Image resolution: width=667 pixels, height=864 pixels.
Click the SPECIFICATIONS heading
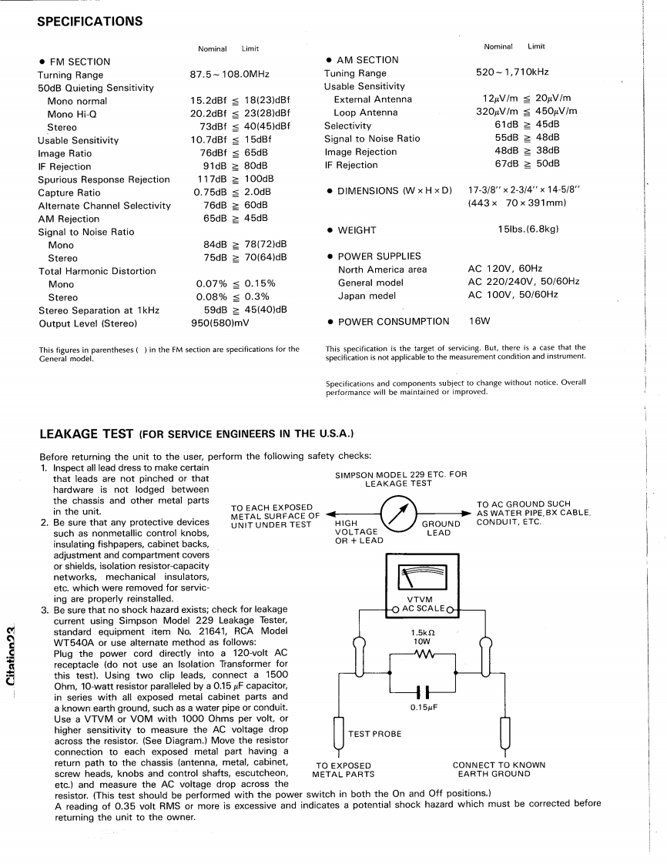pyautogui.click(x=89, y=22)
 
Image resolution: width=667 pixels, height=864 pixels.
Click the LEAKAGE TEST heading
pyautogui.click(x=86, y=434)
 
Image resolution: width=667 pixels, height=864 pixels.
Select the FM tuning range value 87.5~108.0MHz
pyautogui.click(x=230, y=75)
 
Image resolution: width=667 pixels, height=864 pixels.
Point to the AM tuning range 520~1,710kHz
pyautogui.click(x=512, y=72)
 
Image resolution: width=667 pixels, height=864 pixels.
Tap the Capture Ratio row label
pyautogui.click(x=69, y=193)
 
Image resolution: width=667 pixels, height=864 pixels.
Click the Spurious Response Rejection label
pyautogui.click(x=104, y=179)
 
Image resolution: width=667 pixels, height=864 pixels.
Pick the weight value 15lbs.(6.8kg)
pyautogui.click(x=528, y=229)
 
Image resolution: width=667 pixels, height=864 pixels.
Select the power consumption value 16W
pyautogui.click(x=480, y=321)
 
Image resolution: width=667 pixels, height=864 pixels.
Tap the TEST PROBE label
pyautogui.click(x=375, y=734)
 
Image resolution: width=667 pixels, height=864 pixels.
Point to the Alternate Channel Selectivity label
pyautogui.click(x=105, y=206)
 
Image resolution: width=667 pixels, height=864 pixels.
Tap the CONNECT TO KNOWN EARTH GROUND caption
pyautogui.click(x=498, y=769)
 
